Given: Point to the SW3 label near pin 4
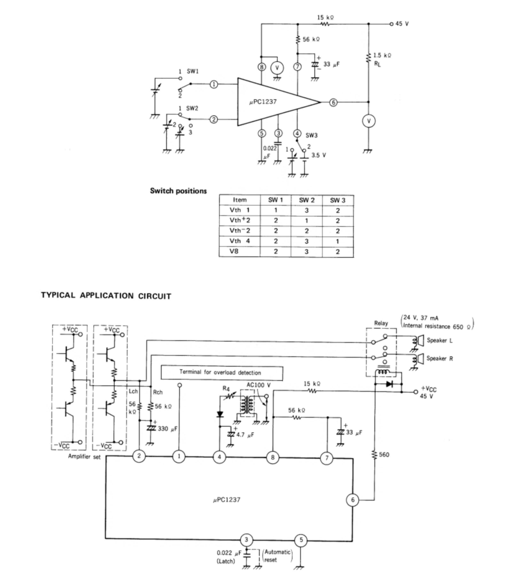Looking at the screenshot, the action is [311, 135].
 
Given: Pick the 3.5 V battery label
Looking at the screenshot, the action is [319, 155].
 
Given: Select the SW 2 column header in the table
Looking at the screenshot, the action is [307, 200].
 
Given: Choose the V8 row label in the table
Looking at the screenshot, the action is [234, 251].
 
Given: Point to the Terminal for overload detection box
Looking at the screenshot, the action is [222, 373].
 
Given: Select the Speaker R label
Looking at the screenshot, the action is [440, 358].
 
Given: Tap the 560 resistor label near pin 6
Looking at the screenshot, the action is [384, 455].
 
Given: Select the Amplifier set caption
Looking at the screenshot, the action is [84, 456].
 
